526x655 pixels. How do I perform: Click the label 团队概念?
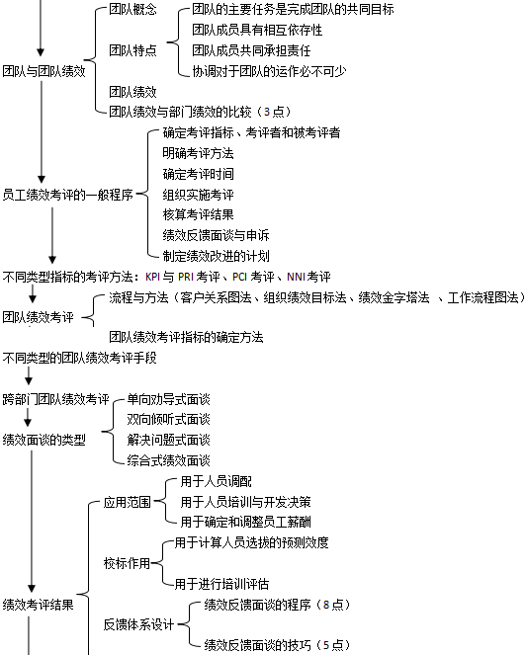click(x=132, y=9)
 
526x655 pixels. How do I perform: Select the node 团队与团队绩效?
click(x=44, y=71)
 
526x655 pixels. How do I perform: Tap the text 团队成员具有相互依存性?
click(x=257, y=30)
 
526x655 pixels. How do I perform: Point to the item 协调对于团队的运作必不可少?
click(x=269, y=71)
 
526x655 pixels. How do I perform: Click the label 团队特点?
click(x=132, y=50)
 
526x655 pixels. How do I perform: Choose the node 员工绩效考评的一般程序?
click(x=68, y=195)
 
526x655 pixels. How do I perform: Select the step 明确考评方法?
click(x=198, y=153)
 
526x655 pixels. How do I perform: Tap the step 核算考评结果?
click(x=198, y=214)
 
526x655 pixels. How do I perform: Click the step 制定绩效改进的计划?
click(x=217, y=256)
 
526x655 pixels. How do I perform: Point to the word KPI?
click(x=152, y=277)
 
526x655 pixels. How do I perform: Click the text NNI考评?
click(x=308, y=277)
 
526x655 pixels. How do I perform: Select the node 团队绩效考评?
click(x=38, y=317)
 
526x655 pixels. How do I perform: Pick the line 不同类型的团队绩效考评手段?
click(x=79, y=358)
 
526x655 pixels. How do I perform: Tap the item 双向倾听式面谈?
click(x=168, y=420)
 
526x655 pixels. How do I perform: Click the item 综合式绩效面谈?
click(x=168, y=460)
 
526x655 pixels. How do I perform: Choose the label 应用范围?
click(x=128, y=502)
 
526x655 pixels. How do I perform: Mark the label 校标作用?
click(x=128, y=563)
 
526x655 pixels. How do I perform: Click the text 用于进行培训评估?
click(x=221, y=584)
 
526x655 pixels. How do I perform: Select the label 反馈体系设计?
click(x=138, y=624)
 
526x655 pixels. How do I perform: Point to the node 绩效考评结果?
click(x=38, y=604)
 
